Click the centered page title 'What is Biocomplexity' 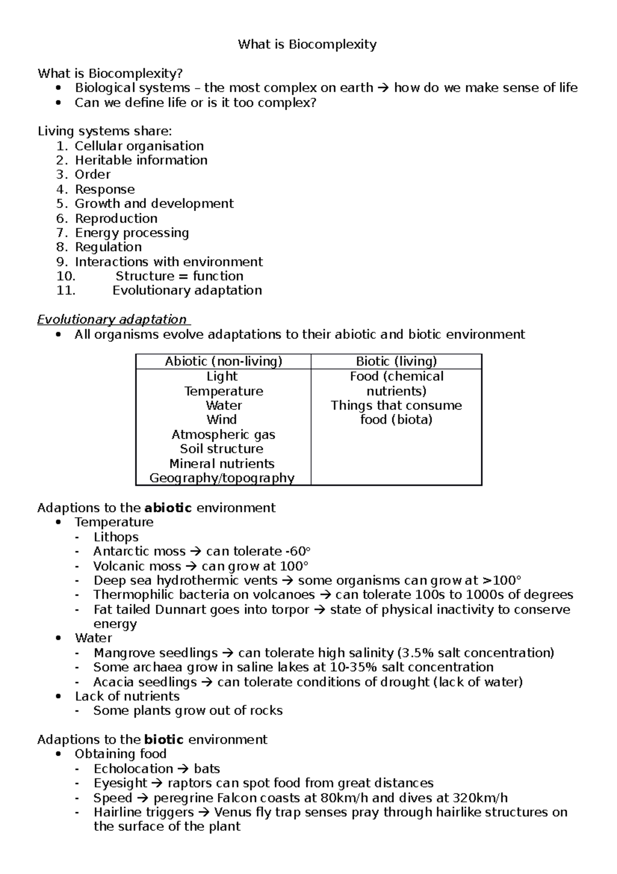[307, 45]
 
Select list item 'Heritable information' [141, 161]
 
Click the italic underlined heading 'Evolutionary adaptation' [112, 320]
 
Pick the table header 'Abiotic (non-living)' [223, 361]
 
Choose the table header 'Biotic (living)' [396, 361]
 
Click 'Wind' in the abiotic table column [222, 419]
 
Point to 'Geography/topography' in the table [222, 478]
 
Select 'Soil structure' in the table [222, 449]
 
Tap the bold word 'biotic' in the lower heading [164, 740]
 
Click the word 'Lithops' [116, 537]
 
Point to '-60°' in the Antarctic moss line [298, 552]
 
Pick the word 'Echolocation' [133, 769]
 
